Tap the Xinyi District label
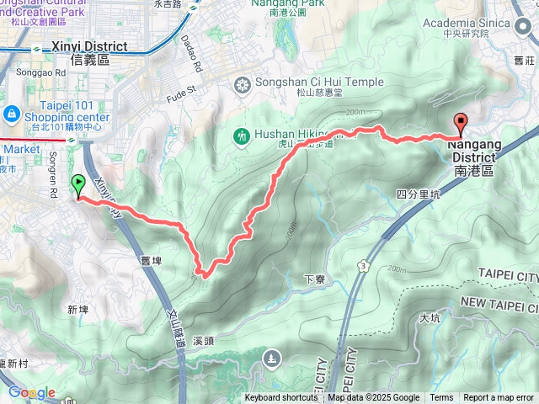[88, 53]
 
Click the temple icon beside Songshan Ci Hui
[243, 83]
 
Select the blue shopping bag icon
[12, 113]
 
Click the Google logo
[31, 392]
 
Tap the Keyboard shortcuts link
[281, 398]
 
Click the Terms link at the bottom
[441, 398]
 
